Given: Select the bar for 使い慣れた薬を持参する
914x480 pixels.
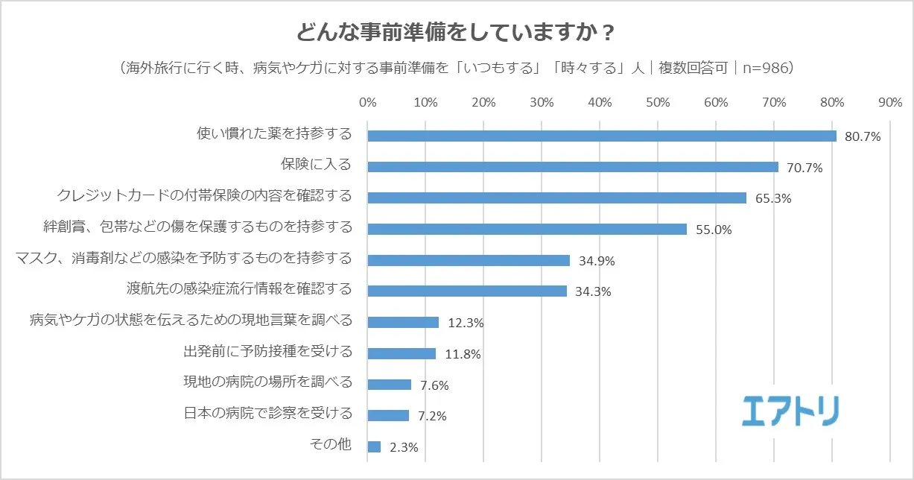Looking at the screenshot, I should click(x=602, y=136).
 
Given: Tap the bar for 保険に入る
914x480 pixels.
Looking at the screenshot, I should click(x=573, y=167).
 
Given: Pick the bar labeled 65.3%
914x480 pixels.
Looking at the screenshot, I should click(x=557, y=198).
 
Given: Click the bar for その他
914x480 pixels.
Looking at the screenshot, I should click(x=375, y=446).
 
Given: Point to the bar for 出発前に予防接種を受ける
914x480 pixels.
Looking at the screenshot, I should click(x=402, y=353).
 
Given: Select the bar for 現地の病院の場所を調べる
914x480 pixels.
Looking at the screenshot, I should click(x=390, y=385).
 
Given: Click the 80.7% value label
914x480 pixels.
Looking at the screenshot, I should click(x=863, y=137).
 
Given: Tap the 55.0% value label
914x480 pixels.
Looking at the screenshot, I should click(x=714, y=230).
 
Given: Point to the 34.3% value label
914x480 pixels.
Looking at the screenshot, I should click(x=593, y=292).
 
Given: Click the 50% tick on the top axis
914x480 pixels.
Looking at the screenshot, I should click(x=658, y=102).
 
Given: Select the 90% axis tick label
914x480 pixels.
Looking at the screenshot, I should click(x=890, y=102).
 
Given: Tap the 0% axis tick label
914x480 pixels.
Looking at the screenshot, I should click(x=368, y=102).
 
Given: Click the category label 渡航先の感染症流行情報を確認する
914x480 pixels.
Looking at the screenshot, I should click(x=240, y=289).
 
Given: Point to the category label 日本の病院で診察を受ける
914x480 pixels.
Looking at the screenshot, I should click(x=267, y=414).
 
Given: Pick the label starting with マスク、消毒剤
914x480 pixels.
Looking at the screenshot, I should click(x=184, y=259).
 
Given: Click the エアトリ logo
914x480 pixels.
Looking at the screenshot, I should click(x=790, y=411).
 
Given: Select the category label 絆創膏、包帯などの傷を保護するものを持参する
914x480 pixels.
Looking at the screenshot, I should click(x=199, y=227).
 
